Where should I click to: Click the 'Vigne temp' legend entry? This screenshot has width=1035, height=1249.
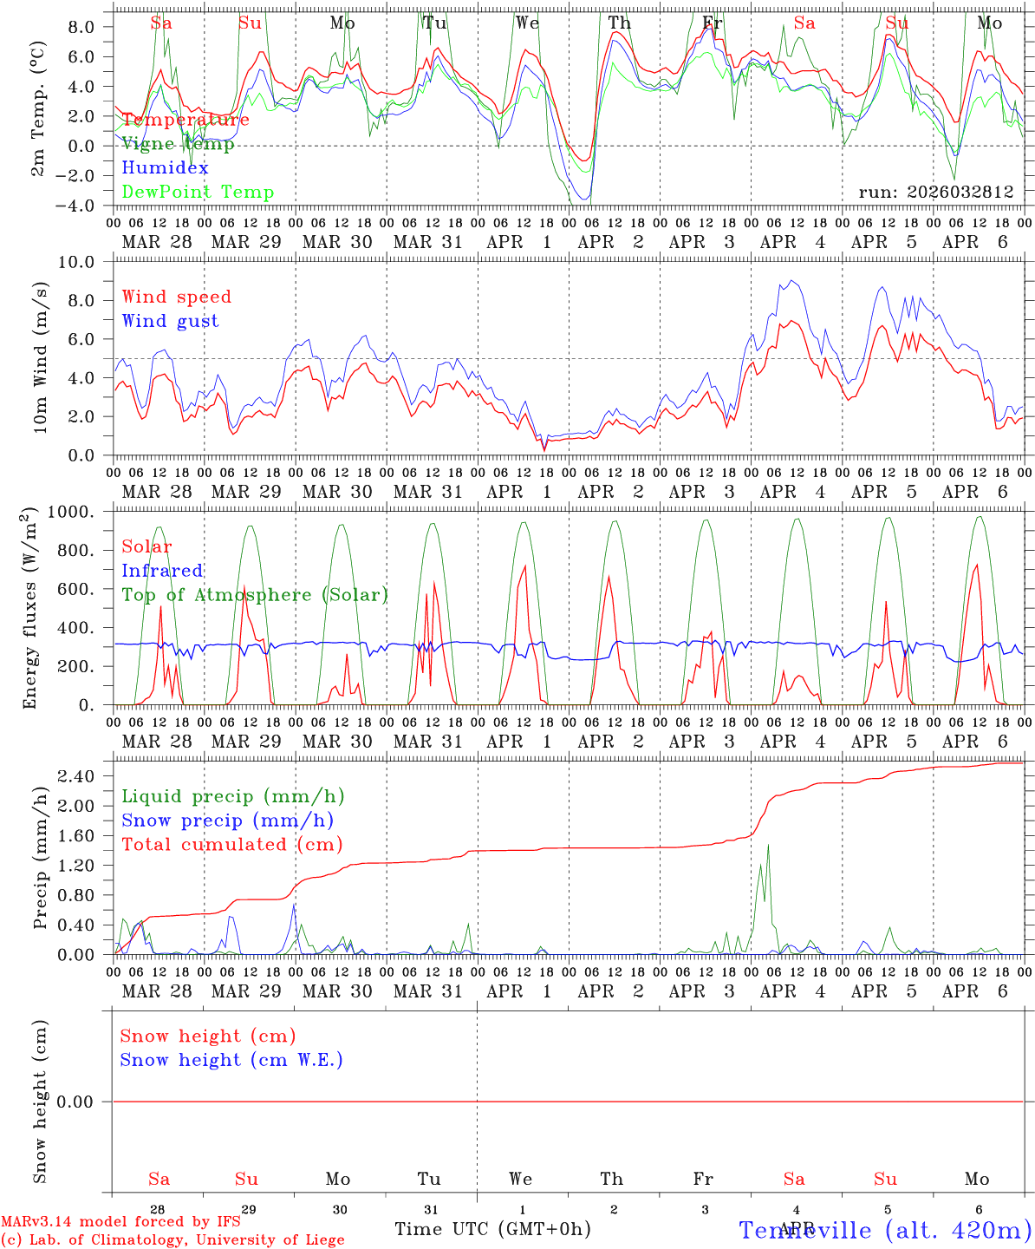pos(178,144)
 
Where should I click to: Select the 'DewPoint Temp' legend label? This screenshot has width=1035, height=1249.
pos(198,193)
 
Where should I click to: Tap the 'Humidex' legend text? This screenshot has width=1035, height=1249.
pos(165,168)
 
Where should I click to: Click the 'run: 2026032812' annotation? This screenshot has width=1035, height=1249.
pos(935,193)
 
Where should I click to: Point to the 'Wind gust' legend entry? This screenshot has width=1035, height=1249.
pos(170,321)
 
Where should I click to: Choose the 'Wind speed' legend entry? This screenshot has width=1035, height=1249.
pos(177,297)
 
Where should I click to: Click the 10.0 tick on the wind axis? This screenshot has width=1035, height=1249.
pos(85,262)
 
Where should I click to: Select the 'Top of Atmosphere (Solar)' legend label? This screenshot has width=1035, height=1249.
pos(255,595)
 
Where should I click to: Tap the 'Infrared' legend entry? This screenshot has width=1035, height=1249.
pos(162,571)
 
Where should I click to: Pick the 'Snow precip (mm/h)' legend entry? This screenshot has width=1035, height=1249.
pos(227,821)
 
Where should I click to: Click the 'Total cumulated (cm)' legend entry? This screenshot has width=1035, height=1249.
pos(231,845)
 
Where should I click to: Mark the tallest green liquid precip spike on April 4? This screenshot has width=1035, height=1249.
pos(767,846)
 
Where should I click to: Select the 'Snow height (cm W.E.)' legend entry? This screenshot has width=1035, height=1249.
pos(231,1060)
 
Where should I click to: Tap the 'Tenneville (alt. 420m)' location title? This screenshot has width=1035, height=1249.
pos(884,1230)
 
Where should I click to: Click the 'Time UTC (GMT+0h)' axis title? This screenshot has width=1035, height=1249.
pos(492,1229)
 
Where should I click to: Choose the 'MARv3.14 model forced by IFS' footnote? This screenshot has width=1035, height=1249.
pos(120,1222)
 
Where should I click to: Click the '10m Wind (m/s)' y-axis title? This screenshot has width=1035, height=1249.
pos(40,358)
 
